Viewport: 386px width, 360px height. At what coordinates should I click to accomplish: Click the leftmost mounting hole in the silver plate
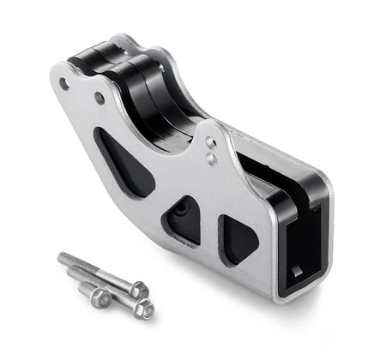(x=65, y=83)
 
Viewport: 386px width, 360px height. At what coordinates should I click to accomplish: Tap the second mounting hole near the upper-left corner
(x=100, y=98)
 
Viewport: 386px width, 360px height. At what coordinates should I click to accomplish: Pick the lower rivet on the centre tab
(x=212, y=159)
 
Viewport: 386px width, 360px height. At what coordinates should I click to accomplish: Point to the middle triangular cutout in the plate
(x=184, y=220)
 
